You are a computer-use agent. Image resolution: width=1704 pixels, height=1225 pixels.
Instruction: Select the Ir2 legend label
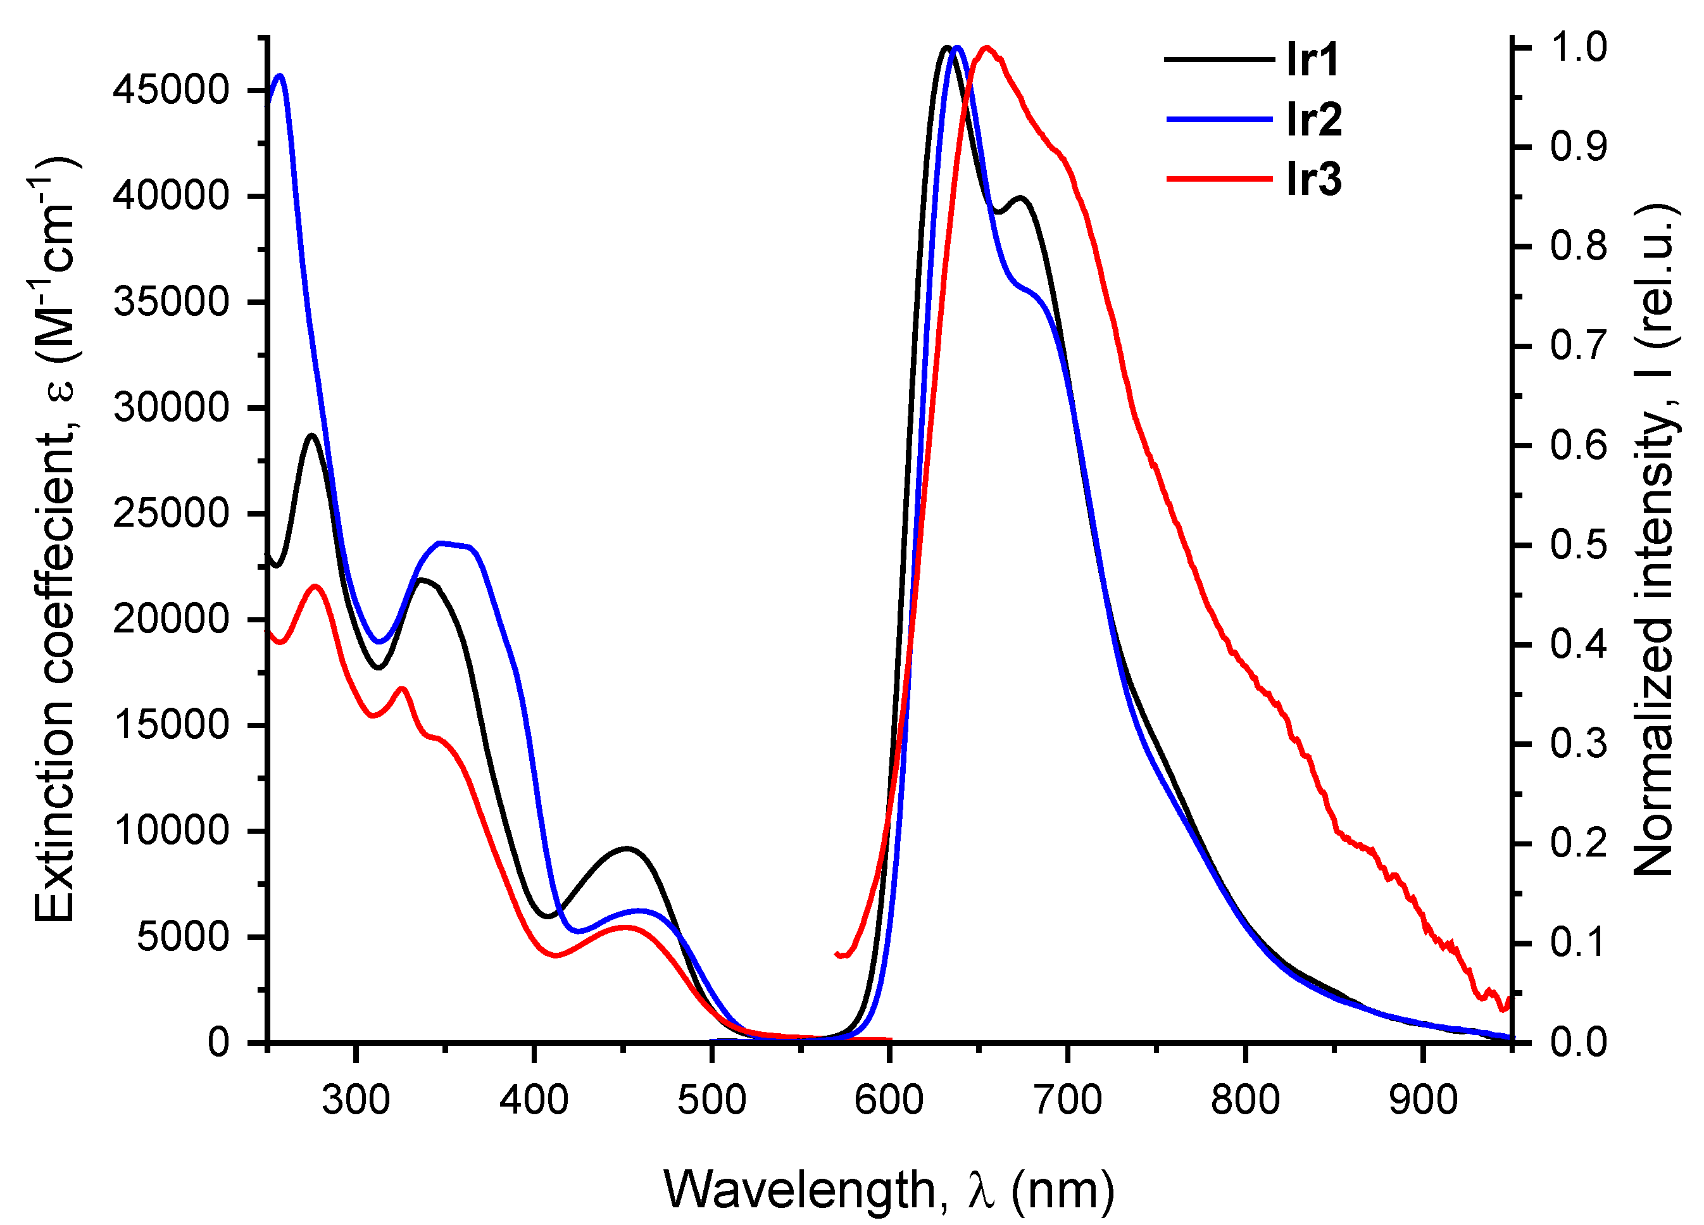[x=1313, y=120]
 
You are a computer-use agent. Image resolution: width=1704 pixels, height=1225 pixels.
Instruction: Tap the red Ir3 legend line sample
[x=1218, y=179]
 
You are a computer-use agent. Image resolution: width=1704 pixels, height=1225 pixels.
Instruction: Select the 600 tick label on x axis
[x=889, y=1100]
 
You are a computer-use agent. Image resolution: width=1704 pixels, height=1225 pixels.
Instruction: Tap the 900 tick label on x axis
[x=1423, y=1100]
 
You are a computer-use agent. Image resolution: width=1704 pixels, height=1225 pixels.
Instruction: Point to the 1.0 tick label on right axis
[x=1579, y=47]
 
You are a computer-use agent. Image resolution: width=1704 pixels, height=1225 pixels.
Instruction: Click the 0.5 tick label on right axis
[x=1579, y=545]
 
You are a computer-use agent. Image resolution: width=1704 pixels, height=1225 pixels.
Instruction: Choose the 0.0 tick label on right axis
[x=1579, y=1043]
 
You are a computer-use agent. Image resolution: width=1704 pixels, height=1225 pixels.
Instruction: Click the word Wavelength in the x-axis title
[x=800, y=1190]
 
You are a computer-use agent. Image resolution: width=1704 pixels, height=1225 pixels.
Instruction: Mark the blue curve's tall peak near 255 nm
[x=280, y=75]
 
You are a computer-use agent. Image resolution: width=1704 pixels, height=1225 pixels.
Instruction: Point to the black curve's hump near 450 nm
[x=627, y=848]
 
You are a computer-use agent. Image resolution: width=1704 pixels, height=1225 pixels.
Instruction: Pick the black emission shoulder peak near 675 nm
[x=1020, y=198]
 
